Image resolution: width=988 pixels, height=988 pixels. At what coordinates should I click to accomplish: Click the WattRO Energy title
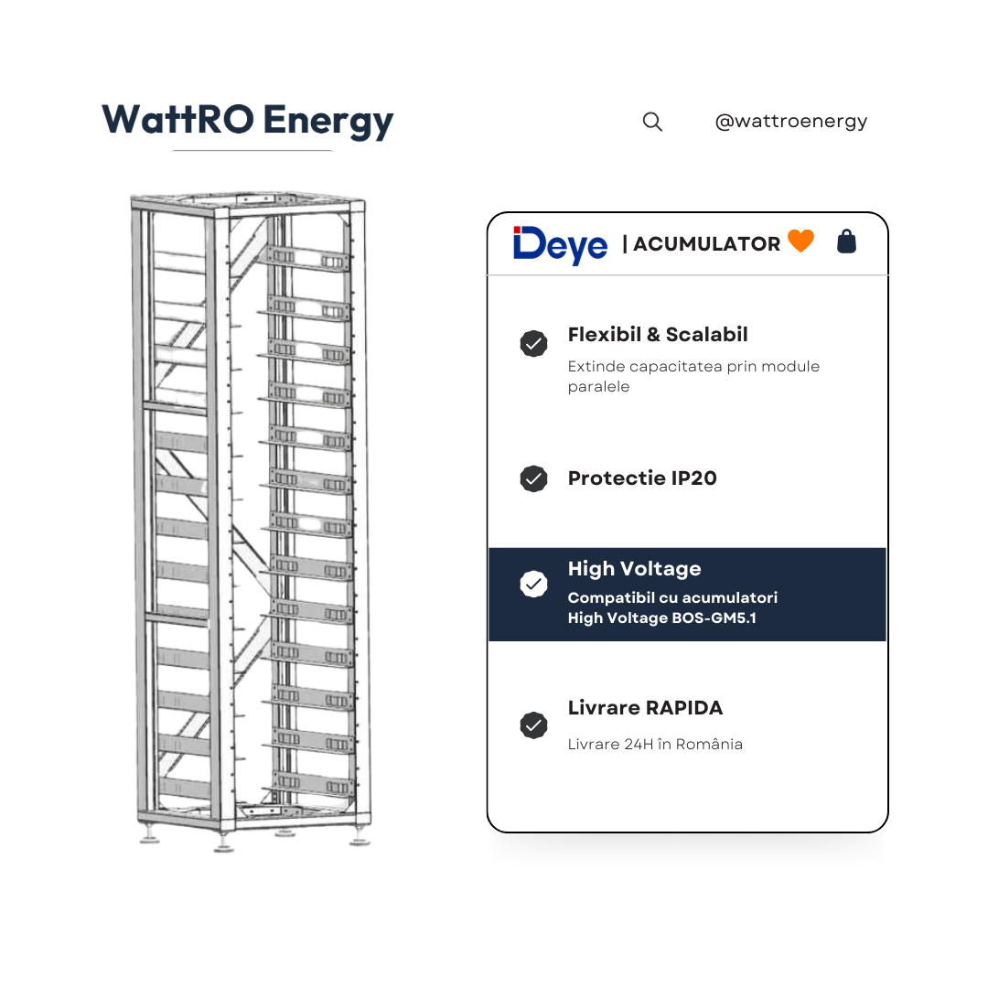click(x=248, y=121)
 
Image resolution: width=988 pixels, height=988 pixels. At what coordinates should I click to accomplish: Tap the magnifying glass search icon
click(x=652, y=122)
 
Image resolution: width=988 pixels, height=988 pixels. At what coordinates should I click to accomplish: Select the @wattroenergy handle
click(x=790, y=121)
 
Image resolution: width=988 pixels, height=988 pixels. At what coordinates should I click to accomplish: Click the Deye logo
click(x=560, y=245)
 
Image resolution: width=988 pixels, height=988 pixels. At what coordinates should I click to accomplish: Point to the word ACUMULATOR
click(x=706, y=244)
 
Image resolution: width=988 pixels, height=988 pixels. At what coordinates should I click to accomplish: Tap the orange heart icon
click(x=800, y=241)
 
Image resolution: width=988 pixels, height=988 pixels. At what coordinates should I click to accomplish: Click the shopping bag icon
click(x=846, y=242)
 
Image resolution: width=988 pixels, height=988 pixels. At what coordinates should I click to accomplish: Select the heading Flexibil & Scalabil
click(x=657, y=335)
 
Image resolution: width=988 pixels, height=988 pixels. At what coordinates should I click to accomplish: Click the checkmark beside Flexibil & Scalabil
click(x=533, y=343)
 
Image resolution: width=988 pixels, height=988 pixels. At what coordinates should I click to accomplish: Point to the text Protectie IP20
click(x=642, y=478)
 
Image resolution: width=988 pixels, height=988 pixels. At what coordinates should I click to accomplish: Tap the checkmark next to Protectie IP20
click(x=533, y=478)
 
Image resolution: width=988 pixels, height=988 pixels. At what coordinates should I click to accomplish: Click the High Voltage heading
click(x=634, y=569)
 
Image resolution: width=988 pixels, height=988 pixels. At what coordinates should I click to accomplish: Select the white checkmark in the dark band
click(x=533, y=584)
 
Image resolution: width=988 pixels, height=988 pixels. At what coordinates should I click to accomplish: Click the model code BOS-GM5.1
click(x=714, y=618)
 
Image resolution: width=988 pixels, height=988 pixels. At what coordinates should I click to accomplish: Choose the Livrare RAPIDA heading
click(x=645, y=707)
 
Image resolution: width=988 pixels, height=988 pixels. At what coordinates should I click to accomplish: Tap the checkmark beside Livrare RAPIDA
click(x=533, y=725)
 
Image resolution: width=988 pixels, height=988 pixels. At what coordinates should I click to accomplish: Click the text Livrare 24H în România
click(x=655, y=744)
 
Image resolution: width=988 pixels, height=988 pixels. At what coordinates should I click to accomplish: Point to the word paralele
click(x=598, y=386)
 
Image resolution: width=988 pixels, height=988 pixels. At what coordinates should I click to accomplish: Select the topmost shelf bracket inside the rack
click(x=307, y=259)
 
